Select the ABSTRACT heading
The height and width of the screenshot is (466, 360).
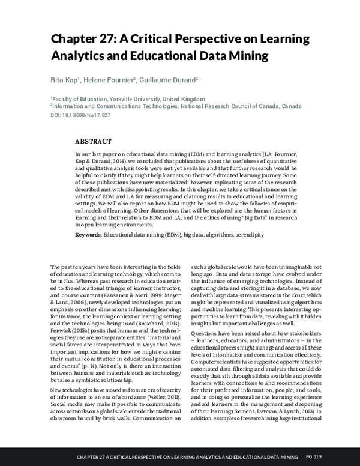[92, 142]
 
